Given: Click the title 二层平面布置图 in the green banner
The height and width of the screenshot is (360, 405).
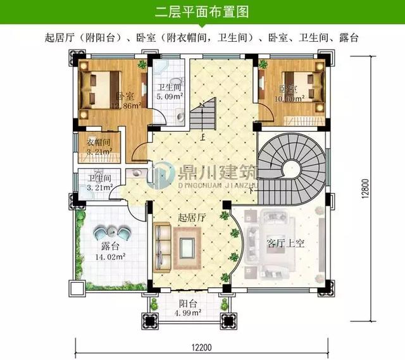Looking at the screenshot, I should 202,11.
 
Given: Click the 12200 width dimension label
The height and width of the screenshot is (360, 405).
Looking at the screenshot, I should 202,347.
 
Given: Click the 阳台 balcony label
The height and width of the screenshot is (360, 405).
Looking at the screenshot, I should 187,302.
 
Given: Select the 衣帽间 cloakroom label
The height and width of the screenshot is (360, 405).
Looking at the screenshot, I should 98,142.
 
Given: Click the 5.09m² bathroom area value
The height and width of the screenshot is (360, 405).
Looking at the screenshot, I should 170,97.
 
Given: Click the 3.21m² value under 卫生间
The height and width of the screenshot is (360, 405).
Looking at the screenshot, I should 99,187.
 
